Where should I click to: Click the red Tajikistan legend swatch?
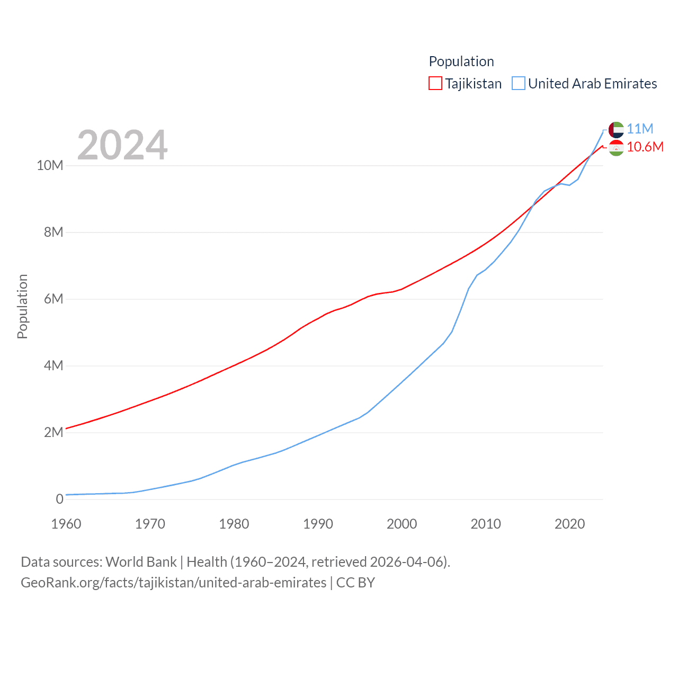pos(435,84)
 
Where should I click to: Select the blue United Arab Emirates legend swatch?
pos(518,84)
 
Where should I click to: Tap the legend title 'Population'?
pos(461,61)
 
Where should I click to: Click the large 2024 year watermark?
pos(122,145)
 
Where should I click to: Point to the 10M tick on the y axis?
pos(50,166)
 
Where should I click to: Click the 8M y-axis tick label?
pos(53,233)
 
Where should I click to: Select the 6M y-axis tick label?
pos(53,299)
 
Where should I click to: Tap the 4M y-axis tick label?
pos(53,366)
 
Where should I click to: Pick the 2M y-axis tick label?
pos(53,433)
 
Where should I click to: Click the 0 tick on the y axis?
pos(59,499)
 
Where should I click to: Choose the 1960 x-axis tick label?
pos(66,524)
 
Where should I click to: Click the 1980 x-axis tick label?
pos(234,524)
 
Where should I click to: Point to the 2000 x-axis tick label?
pos(402,524)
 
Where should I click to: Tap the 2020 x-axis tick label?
pos(570,524)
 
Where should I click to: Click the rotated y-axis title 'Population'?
pos(22,306)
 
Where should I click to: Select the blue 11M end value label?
pos(640,129)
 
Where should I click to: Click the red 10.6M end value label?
pos(645,147)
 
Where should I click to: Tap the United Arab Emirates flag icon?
pos(616,129)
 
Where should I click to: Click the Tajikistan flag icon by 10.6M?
pos(616,148)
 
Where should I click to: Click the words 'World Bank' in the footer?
pos(141,562)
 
